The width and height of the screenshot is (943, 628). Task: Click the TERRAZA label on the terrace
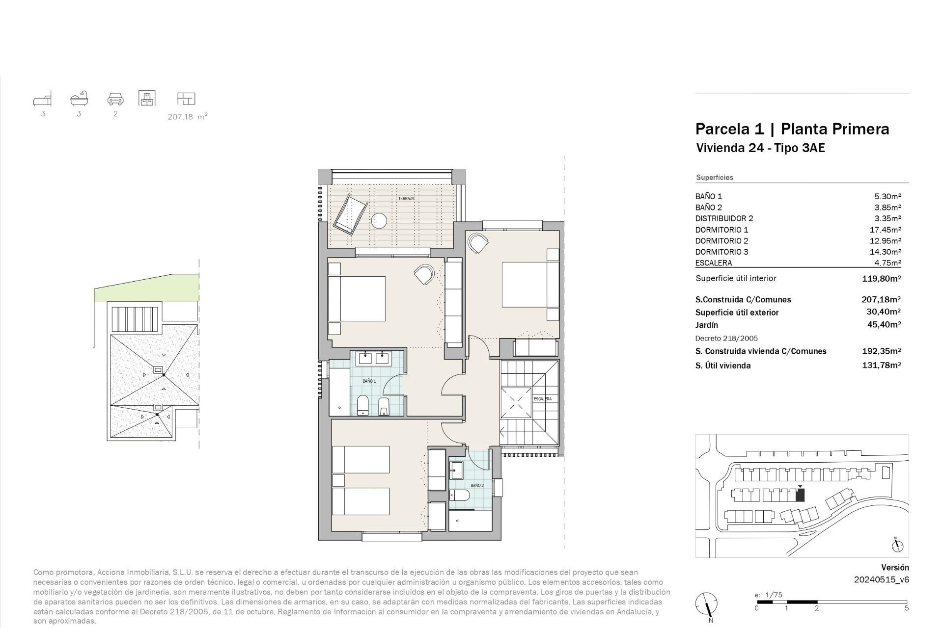point(406,199)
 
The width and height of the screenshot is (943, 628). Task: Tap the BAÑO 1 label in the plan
point(369,381)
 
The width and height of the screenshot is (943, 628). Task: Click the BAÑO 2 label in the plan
point(477,485)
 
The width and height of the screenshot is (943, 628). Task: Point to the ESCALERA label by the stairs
point(543,399)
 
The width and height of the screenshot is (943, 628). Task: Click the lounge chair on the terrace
point(350,214)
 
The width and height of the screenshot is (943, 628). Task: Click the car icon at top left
point(115,99)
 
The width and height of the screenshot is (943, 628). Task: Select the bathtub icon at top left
point(79,99)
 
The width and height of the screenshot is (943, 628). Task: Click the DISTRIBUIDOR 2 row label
point(724,218)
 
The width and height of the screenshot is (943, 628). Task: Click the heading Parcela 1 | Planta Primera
point(792,129)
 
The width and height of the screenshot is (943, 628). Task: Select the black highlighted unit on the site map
point(800,495)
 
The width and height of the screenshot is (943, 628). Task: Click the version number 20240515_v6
point(882,579)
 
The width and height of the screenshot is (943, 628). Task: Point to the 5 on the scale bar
point(906,608)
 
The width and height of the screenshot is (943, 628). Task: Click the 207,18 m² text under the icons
point(188,117)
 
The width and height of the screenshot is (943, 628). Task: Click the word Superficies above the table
point(714,178)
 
